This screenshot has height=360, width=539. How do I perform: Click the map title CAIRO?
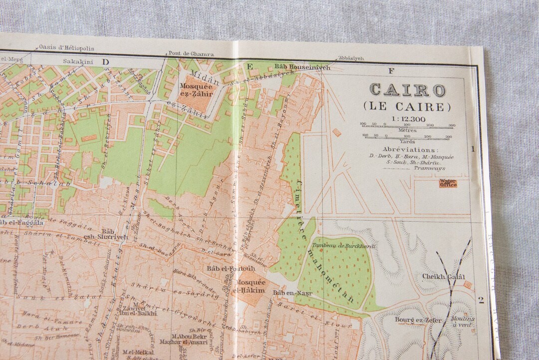[407, 90]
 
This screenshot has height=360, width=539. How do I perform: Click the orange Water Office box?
[448, 183]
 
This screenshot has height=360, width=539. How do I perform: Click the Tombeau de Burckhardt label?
[344, 246]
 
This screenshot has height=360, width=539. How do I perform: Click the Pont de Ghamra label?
[191, 54]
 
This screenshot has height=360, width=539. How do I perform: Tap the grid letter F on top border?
[391, 70]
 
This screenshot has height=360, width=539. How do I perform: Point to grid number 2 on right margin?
[481, 300]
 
